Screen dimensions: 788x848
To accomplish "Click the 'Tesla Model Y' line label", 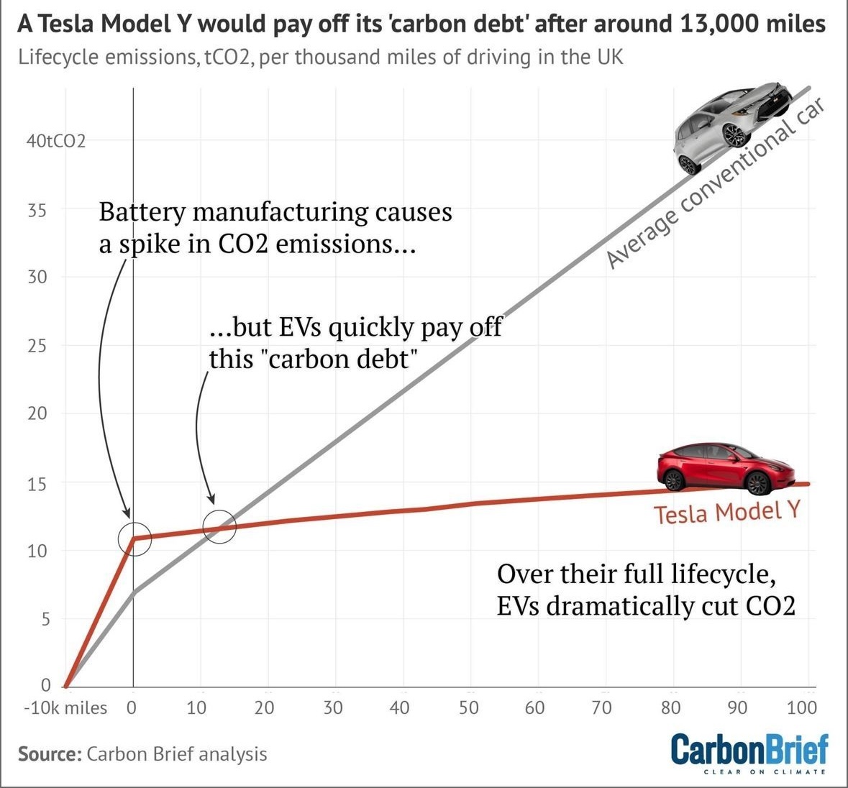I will click(726, 513).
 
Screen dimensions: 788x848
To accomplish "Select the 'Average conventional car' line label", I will click(715, 183).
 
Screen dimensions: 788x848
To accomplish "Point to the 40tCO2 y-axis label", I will click(55, 141).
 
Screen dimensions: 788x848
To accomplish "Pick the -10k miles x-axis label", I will click(65, 708).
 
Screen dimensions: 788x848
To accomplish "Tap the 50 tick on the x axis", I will click(468, 708).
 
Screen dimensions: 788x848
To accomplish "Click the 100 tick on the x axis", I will click(801, 708).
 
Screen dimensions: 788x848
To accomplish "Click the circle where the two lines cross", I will click(219, 526).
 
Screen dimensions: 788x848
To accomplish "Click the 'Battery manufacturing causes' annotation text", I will click(275, 213).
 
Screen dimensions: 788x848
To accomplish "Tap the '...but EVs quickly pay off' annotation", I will click(356, 328).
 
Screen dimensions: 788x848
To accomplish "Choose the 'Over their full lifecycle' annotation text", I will click(636, 574).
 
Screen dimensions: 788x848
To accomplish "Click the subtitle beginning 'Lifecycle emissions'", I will click(321, 57).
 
